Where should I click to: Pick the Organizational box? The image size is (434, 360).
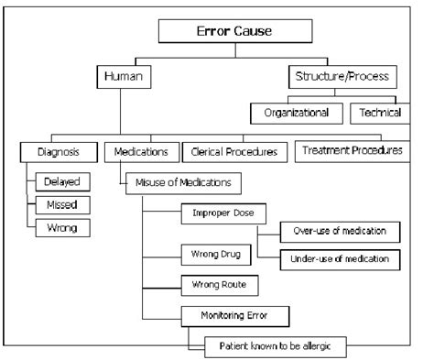click(298, 113)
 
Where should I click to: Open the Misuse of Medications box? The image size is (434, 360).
click(182, 182)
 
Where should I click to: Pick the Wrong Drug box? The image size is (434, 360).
click(216, 252)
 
